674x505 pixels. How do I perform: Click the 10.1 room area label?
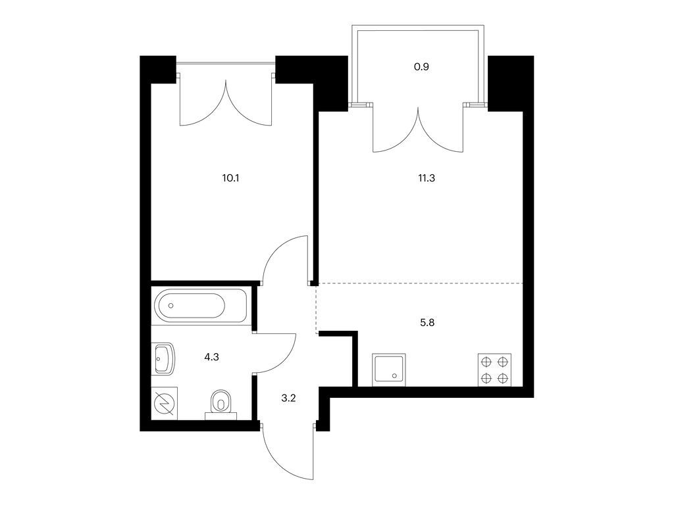[x=230, y=178]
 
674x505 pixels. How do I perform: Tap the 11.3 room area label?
[x=427, y=178]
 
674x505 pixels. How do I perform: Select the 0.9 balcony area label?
[x=421, y=67]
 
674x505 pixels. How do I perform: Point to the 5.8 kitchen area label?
[x=427, y=322]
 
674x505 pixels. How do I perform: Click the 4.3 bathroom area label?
[x=212, y=357]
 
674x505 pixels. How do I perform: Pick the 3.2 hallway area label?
[x=288, y=398]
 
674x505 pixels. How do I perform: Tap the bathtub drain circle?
[x=171, y=305]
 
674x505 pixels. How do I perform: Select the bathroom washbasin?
[x=164, y=358]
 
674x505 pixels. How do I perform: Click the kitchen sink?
[x=389, y=369]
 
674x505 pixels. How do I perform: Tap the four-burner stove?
[x=494, y=370]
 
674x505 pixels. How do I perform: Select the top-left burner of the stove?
[x=486, y=362]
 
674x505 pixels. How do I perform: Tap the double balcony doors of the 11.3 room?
[x=418, y=129]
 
